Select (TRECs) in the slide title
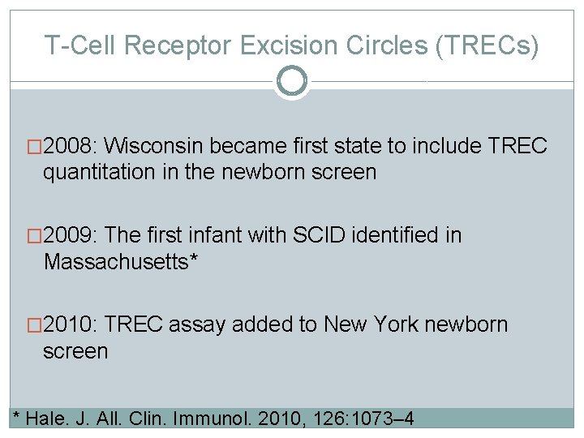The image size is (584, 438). pyautogui.click(x=487, y=45)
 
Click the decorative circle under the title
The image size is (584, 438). pyautogui.click(x=291, y=81)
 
